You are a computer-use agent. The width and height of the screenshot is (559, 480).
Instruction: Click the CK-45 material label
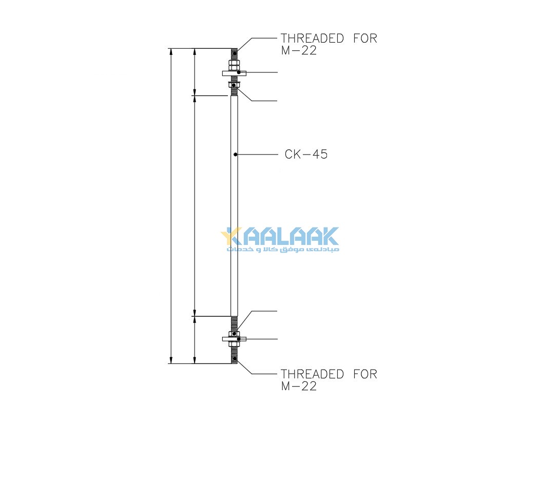(306, 154)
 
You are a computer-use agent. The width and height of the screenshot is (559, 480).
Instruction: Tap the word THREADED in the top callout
(312, 38)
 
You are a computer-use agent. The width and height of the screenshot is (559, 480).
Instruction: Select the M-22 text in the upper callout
(299, 50)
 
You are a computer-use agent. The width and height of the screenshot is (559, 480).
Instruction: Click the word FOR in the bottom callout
(365, 374)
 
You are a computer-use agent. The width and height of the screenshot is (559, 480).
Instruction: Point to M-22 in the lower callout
(299, 386)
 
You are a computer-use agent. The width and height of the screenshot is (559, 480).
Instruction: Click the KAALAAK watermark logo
(280, 236)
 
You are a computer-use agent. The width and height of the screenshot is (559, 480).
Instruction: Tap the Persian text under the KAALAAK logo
(283, 249)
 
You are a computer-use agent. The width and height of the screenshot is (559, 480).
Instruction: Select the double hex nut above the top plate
(234, 65)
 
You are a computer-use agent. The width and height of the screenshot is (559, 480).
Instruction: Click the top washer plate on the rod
(234, 73)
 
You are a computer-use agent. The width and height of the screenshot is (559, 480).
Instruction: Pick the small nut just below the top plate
(234, 85)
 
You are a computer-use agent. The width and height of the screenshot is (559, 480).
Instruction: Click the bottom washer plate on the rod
(234, 339)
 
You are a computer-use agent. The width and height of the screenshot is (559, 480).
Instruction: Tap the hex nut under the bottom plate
(234, 344)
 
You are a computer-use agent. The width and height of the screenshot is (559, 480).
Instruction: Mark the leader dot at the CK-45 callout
(235, 155)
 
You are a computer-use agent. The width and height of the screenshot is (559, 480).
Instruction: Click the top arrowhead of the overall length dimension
(171, 51)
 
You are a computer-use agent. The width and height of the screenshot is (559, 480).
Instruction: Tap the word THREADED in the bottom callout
(312, 374)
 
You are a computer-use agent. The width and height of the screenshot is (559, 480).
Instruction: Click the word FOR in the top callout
(365, 38)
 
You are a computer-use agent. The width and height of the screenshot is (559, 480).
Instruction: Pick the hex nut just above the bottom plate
(234, 334)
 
